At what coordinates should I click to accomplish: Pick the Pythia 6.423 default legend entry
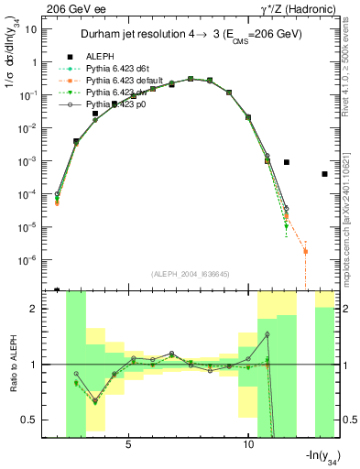coord(122,80)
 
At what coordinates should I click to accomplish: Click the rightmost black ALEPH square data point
coord(324,174)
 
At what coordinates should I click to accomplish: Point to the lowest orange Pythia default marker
coord(305,251)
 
